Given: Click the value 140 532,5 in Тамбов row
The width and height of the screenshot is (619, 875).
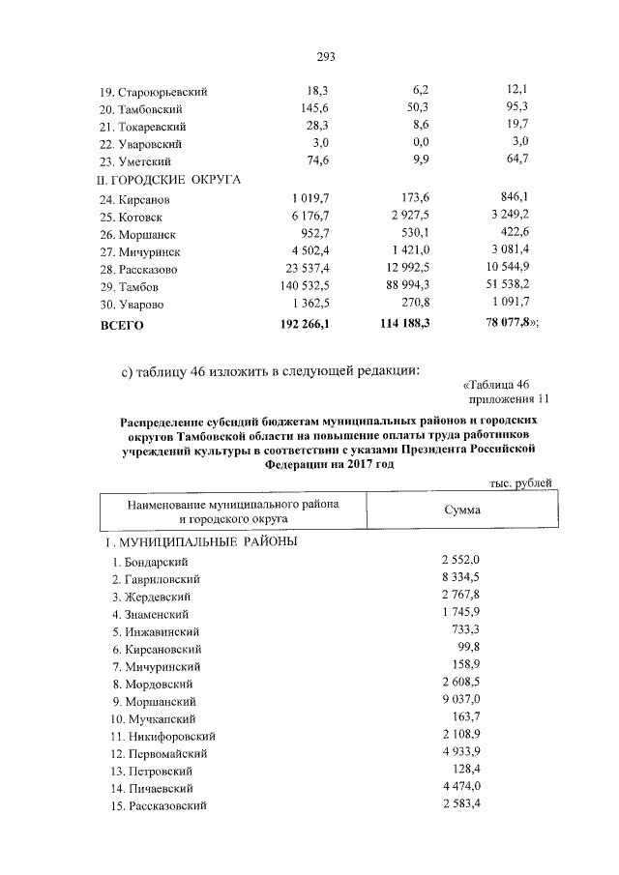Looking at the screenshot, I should pos(303,286).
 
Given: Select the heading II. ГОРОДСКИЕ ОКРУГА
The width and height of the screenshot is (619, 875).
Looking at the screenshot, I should pos(167,179).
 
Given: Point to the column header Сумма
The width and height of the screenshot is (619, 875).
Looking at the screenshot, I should pos(462,510).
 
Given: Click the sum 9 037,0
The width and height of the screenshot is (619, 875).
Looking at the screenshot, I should pos(460,700).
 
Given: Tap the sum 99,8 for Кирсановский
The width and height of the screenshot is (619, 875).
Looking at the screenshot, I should pos(468,648).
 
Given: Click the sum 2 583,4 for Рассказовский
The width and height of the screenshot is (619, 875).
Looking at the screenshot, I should pos(460,804).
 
